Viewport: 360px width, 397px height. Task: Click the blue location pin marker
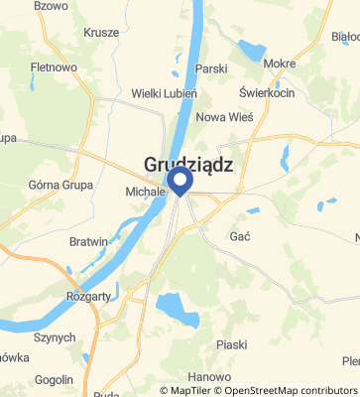point(180,180)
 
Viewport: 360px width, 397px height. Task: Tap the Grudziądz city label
point(188,166)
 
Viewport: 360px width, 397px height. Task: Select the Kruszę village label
point(101,32)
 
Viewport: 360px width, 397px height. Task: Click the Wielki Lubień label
point(165,93)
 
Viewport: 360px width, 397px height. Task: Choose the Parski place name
point(211,69)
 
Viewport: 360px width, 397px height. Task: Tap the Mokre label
point(280,64)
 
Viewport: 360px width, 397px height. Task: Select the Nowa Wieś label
point(224,116)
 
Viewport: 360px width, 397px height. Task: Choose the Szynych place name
point(55,337)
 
